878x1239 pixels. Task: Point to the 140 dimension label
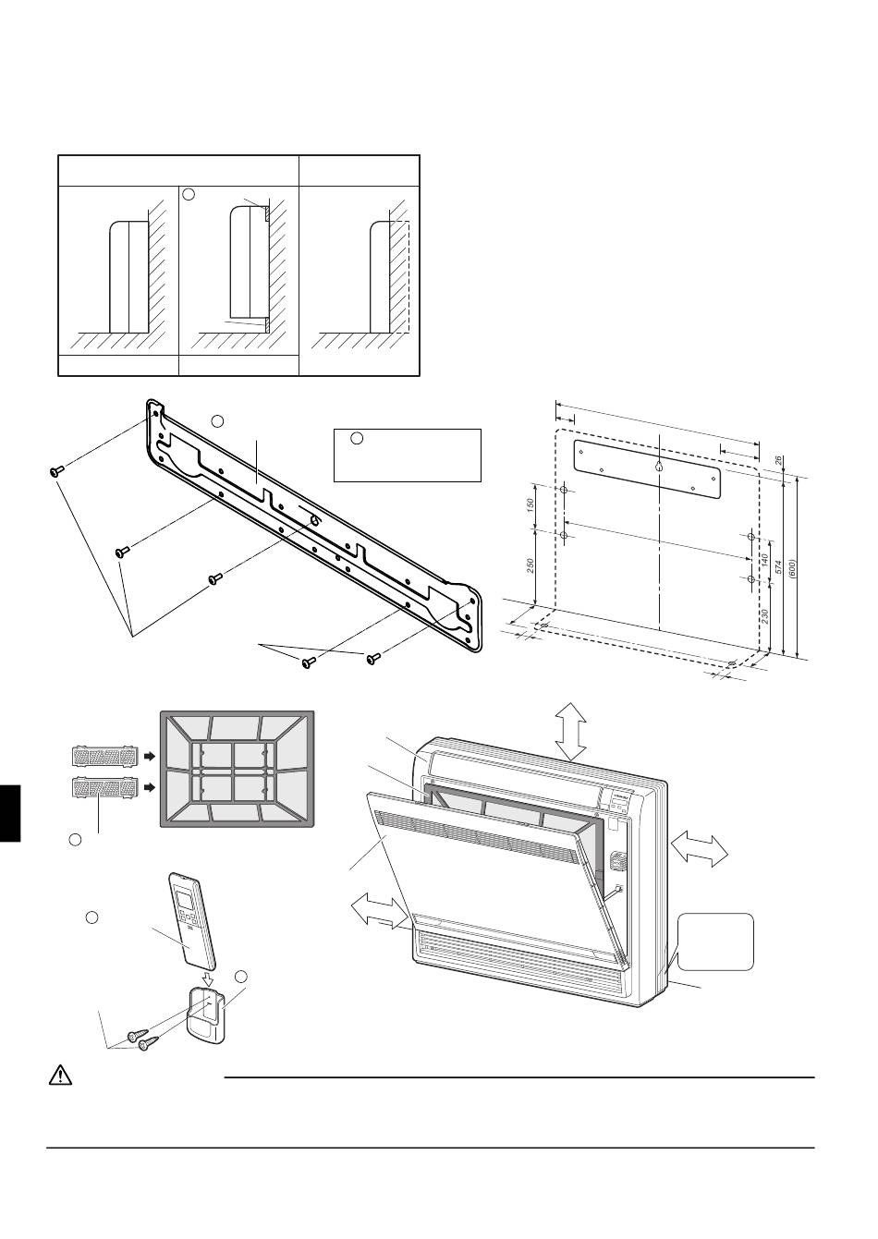[765, 560]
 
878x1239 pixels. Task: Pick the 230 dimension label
[764, 617]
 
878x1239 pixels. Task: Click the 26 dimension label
[779, 458]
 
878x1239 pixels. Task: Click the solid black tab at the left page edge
[9, 812]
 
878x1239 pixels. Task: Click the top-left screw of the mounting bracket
[55, 471]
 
